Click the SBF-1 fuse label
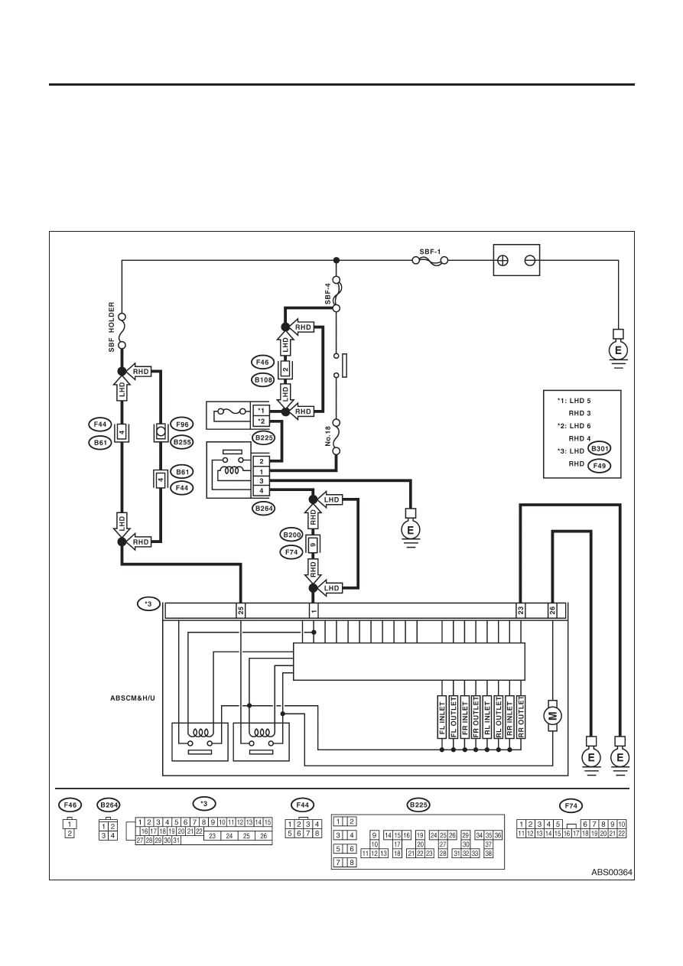[x=430, y=252]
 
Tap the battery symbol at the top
[x=516, y=260]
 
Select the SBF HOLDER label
[x=112, y=327]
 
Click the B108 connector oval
[x=262, y=380]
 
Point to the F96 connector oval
[x=182, y=424]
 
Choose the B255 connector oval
[x=182, y=442]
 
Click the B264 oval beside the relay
[x=264, y=509]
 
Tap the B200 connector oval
[x=291, y=535]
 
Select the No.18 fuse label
[x=327, y=437]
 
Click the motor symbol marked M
[x=552, y=717]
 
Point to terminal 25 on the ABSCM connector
[x=241, y=610]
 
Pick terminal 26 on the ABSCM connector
[x=552, y=610]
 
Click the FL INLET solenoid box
[x=441, y=717]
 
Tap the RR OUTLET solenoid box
[x=521, y=717]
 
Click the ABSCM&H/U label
[x=133, y=698]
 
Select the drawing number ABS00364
[x=611, y=873]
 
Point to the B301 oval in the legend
[x=600, y=449]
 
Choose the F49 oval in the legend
[x=600, y=466]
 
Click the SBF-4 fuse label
[x=327, y=294]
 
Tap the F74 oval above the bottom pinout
[x=571, y=805]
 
